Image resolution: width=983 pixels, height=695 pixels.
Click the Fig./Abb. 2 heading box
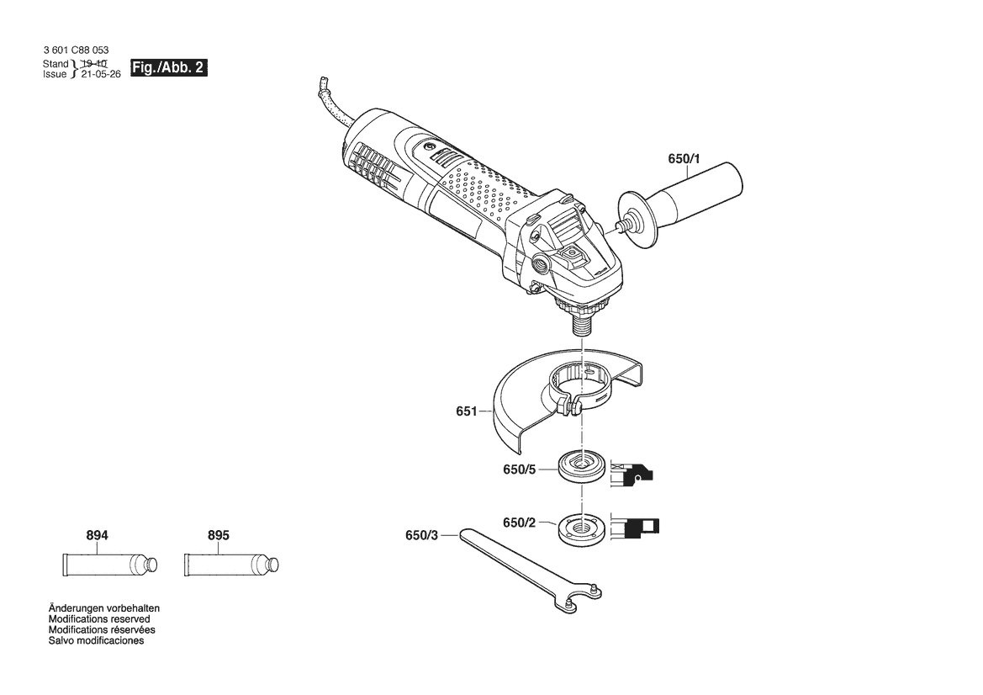pyautogui.click(x=169, y=68)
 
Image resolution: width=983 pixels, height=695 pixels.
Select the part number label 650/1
pyautogui.click(x=684, y=159)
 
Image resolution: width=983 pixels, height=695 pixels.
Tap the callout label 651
pyautogui.click(x=467, y=411)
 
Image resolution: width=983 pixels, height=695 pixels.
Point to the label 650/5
pyautogui.click(x=519, y=470)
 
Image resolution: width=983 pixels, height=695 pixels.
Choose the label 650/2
pyautogui.click(x=519, y=523)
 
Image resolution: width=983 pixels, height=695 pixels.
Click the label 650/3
pyautogui.click(x=422, y=536)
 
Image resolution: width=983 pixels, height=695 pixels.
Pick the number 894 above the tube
pyautogui.click(x=98, y=535)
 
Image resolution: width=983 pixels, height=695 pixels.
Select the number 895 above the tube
pyautogui.click(x=218, y=535)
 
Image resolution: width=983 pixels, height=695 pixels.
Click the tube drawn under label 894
pyautogui.click(x=109, y=565)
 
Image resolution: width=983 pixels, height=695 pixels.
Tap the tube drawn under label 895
pyautogui.click(x=230, y=565)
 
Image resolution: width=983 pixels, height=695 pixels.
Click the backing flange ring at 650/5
pyautogui.click(x=581, y=467)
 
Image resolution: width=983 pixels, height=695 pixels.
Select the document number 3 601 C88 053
pyautogui.click(x=76, y=50)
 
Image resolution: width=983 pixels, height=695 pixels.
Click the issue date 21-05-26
pyautogui.click(x=101, y=74)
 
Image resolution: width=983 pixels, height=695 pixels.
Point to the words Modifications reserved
pyautogui.click(x=100, y=619)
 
